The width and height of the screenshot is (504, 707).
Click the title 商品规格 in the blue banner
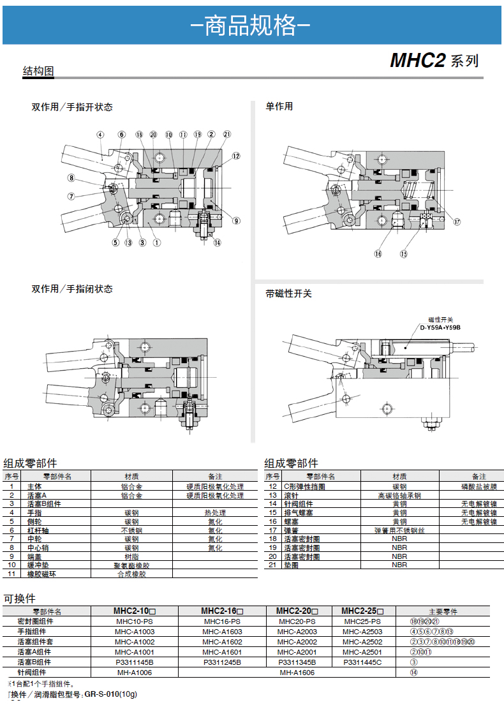[x=251, y=26]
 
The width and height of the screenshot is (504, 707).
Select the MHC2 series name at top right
[x=417, y=61]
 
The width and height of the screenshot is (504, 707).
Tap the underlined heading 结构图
[x=38, y=71]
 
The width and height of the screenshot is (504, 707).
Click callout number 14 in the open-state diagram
[x=217, y=242]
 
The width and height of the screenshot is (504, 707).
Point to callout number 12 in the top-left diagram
[x=236, y=156]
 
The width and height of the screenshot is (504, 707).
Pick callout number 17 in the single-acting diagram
[x=457, y=222]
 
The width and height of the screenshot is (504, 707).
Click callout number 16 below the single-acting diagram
[x=378, y=253]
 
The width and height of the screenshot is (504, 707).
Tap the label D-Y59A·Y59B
[x=440, y=327]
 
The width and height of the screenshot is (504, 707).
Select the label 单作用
[x=279, y=107]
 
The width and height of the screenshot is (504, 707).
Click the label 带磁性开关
[x=288, y=294]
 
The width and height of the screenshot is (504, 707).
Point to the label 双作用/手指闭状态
[x=72, y=289]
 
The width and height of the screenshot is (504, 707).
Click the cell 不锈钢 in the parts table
[x=131, y=530]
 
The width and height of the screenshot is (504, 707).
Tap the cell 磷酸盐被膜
[x=479, y=486]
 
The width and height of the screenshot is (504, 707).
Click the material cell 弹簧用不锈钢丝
[x=399, y=530]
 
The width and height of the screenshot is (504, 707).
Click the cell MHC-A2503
[x=362, y=632]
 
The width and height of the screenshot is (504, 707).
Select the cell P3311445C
[x=362, y=662]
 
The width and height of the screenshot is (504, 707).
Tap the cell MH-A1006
[x=134, y=673]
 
